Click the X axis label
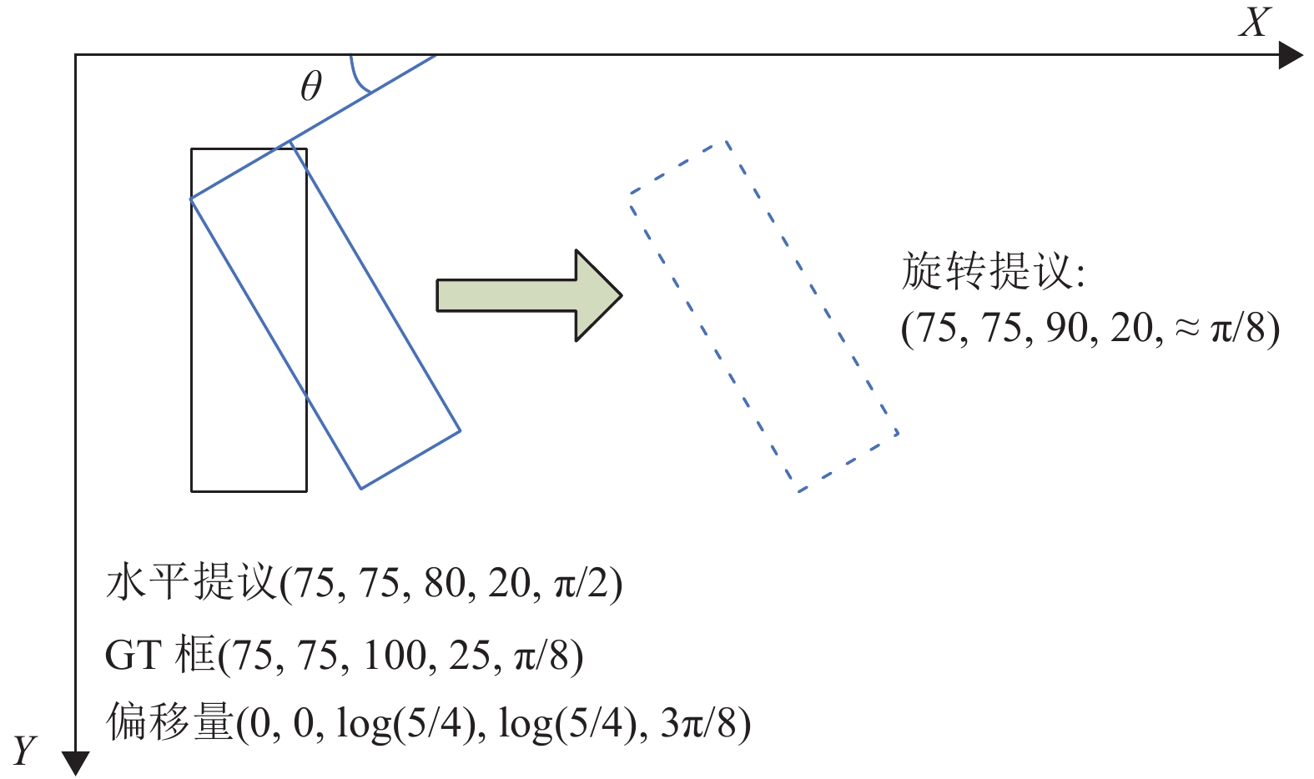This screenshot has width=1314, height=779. [1255, 23]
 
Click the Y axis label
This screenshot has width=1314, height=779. [25, 751]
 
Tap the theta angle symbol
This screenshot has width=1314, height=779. [310, 86]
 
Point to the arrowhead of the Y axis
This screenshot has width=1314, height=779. [76, 762]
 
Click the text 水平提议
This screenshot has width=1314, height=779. [191, 582]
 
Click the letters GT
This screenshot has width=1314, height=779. [132, 655]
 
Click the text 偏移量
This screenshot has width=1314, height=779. [169, 722]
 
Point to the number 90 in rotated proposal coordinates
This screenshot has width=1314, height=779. [1067, 328]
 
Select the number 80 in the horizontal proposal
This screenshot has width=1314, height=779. [445, 583]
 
